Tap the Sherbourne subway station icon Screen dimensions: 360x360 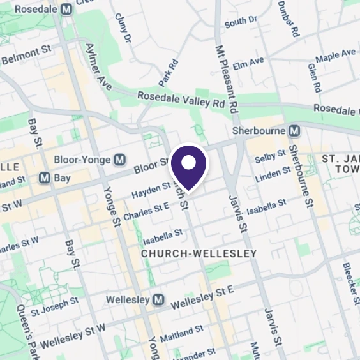294,130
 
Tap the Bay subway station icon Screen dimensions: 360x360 44,178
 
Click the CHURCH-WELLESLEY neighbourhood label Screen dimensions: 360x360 199,253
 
